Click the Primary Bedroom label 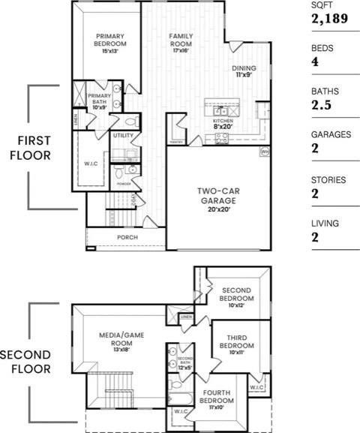[109, 40]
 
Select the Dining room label [244, 68]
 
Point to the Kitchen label [223, 121]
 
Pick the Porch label [126, 238]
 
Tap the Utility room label [122, 136]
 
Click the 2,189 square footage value [329, 19]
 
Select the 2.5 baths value [321, 106]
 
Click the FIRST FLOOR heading [25, 149]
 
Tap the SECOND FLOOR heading [25, 362]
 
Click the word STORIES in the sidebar [328, 180]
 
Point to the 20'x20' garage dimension [214, 209]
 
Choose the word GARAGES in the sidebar [331, 135]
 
